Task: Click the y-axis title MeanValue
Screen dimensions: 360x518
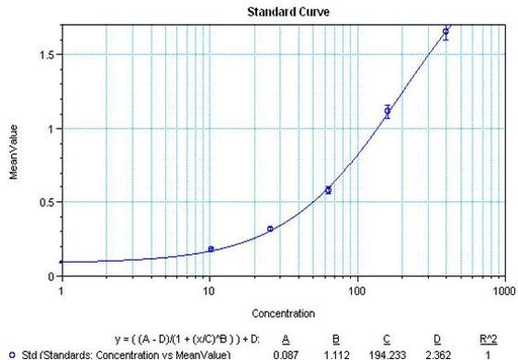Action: pyautogui.click(x=13, y=151)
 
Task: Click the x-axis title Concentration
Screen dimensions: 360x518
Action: pyautogui.click(x=282, y=312)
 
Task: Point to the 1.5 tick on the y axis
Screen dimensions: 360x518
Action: pyautogui.click(x=44, y=54)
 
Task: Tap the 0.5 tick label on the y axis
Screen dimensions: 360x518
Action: pyautogui.click(x=44, y=202)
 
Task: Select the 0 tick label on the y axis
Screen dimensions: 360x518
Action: pyautogui.click(x=51, y=276)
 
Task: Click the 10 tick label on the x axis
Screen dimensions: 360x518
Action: pyautogui.click(x=208, y=290)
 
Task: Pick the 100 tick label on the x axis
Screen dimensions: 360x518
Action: pyautogui.click(x=355, y=290)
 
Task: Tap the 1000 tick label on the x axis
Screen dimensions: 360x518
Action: pyautogui.click(x=501, y=290)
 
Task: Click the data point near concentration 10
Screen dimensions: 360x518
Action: pyautogui.click(x=211, y=249)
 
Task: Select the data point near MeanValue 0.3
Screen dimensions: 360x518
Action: pyautogui.click(x=270, y=229)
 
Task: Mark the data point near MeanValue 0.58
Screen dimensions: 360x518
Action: pyautogui.click(x=328, y=190)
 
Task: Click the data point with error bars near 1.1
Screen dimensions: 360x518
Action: pyautogui.click(x=388, y=111)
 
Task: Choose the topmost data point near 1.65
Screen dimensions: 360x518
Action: pyautogui.click(x=446, y=31)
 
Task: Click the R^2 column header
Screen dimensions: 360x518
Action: pyautogui.click(x=482, y=339)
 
